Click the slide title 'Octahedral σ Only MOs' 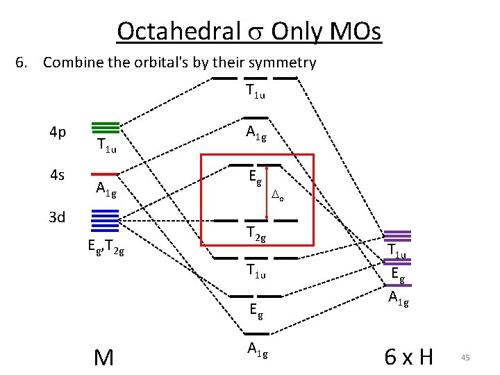[x=249, y=31]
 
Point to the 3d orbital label [x=57, y=217]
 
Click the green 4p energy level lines [x=106, y=127]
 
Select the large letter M [x=103, y=357]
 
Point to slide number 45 [x=465, y=358]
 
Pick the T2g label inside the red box [x=256, y=235]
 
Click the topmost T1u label [x=256, y=90]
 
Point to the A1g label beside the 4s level [x=106, y=188]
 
